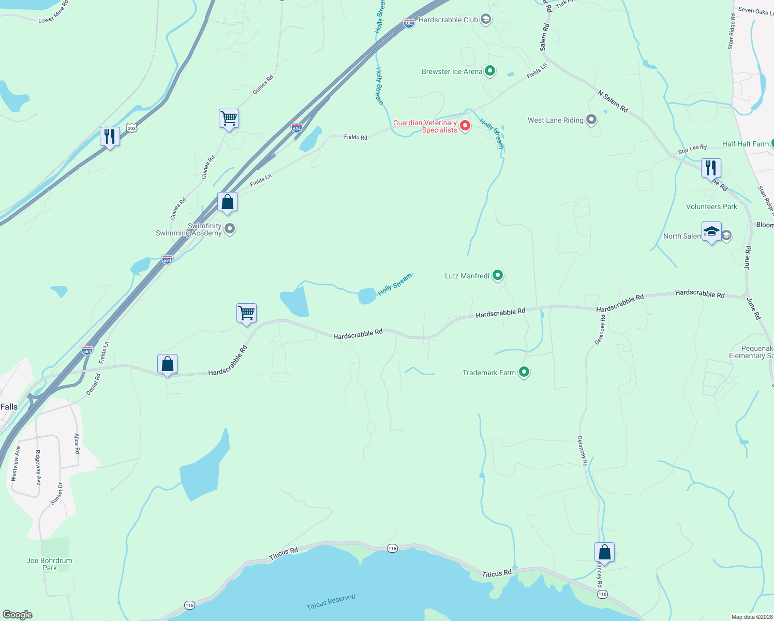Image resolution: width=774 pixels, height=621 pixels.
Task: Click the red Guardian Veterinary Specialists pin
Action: (465, 126)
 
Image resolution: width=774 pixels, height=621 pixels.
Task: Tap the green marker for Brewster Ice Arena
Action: (490, 71)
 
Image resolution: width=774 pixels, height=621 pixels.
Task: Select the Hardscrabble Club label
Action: (448, 20)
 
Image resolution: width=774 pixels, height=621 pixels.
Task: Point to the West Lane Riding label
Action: (555, 120)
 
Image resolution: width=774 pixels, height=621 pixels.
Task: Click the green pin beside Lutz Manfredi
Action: (497, 275)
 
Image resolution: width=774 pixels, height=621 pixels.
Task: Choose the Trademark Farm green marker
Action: (524, 372)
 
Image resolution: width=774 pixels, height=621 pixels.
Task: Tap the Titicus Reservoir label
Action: (331, 602)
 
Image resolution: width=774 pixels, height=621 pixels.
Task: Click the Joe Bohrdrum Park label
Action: (49, 564)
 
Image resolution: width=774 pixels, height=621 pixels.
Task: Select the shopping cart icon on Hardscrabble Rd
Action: (246, 313)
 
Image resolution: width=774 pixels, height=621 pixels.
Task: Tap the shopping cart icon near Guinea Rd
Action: (229, 119)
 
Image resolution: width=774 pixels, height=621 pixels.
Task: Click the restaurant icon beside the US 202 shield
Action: (110, 137)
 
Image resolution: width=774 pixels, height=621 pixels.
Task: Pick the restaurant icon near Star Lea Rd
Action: (711, 168)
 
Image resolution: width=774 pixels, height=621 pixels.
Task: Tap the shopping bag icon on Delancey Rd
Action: (604, 553)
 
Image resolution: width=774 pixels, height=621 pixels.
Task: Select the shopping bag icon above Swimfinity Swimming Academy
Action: (227, 202)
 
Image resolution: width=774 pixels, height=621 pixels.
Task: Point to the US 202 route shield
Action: (132, 128)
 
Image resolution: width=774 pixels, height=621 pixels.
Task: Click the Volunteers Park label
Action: (711, 206)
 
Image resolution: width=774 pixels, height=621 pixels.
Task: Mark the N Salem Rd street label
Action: (613, 101)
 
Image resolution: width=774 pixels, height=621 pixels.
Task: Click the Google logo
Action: (18, 614)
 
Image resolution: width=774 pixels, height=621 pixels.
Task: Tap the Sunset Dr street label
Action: (56, 494)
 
